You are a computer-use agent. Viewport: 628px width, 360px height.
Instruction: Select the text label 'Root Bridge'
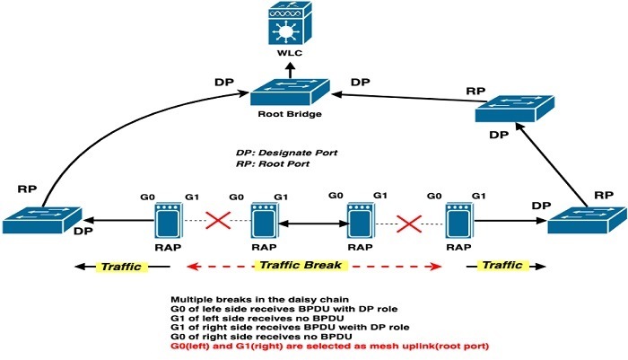tap(287, 116)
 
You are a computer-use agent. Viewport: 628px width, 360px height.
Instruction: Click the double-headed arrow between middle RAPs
tap(314, 220)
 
